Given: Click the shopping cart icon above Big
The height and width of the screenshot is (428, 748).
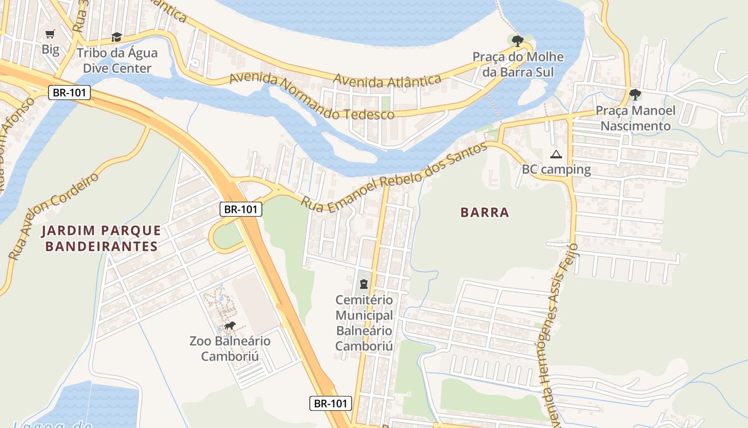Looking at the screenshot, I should pos(50,34).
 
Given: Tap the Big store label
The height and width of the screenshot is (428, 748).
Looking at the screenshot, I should pos(50,50).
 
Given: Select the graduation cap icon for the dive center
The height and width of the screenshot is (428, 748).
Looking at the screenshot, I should pos(116,37).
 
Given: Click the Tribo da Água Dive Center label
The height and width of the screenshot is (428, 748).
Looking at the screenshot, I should pos(117,60).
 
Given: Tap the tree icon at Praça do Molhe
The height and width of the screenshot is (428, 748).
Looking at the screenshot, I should pos(517,41).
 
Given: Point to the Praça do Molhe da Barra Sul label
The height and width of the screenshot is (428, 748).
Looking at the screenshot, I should pos(518,64).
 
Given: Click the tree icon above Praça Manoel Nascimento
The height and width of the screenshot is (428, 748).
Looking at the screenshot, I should pos(635,95).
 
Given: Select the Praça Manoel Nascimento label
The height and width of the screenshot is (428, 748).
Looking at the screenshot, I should pos(635,118).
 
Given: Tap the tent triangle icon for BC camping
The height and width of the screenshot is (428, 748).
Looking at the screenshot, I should pos(556,155).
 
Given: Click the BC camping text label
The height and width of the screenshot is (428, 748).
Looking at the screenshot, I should pos(556,170).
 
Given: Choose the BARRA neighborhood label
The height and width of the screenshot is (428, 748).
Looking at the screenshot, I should pos(485,212).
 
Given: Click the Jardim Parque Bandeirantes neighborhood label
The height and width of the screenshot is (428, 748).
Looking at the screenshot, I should pos(101,238).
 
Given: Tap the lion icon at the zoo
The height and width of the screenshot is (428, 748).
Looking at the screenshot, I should pos(230,326).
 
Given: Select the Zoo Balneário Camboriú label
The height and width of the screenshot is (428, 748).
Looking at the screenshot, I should pos(230,348).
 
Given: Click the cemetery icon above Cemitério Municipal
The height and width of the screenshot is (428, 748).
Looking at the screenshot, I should pos(364,284).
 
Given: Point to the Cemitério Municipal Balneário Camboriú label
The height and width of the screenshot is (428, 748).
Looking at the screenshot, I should pos(364,323).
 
